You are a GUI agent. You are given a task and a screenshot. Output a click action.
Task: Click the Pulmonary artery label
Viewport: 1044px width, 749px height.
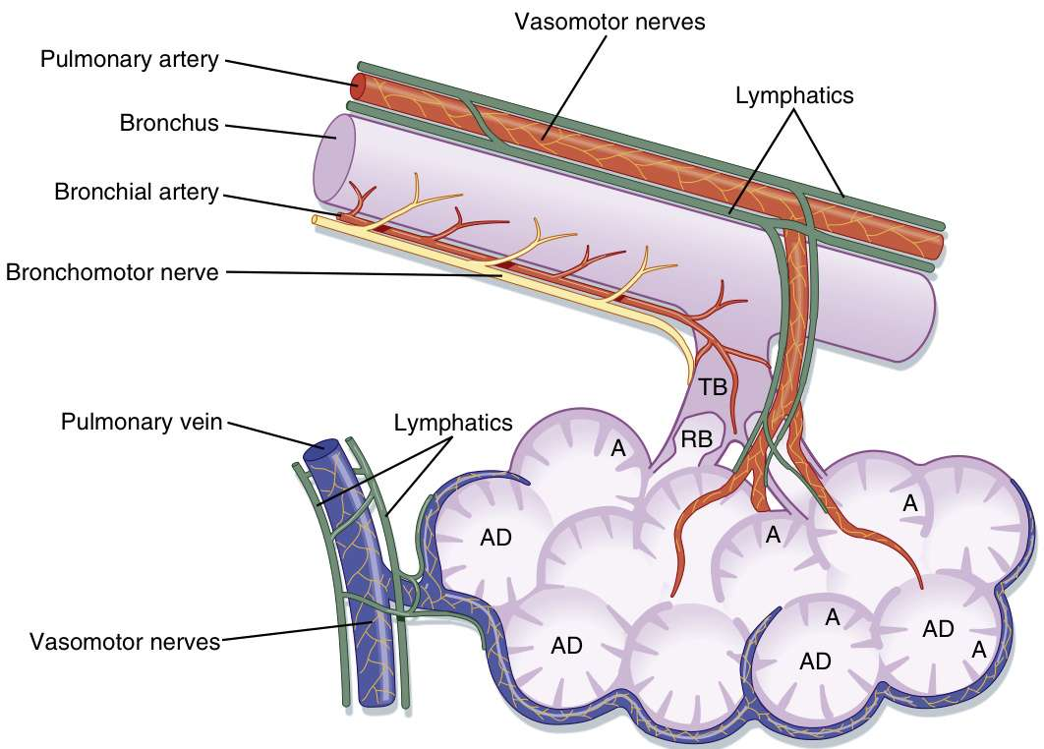tap(128, 59)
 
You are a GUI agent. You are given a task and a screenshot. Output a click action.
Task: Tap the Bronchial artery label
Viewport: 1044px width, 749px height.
tap(136, 192)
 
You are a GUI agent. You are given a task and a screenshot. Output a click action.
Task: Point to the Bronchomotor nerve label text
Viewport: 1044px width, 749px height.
tap(112, 271)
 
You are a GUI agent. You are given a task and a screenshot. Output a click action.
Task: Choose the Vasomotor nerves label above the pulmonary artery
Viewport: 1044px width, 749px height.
tap(609, 22)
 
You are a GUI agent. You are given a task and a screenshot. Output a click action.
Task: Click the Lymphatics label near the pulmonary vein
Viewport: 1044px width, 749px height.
tap(453, 423)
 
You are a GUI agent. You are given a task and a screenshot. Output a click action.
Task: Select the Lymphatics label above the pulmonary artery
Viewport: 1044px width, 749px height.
tap(794, 95)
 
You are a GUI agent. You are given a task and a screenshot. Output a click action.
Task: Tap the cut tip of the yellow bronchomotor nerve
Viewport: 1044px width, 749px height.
tap(315, 220)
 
